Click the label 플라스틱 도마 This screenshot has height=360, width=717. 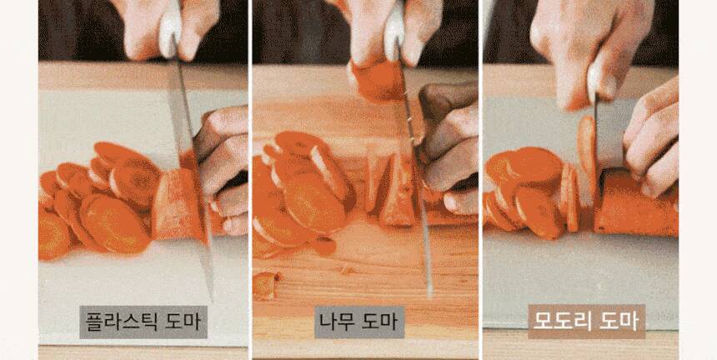143,322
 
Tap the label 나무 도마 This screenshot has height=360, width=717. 359,322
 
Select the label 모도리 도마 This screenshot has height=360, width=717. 587,322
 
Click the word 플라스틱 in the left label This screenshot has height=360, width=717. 121,322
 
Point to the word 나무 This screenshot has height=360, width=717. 336,322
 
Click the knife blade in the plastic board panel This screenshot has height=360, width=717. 192,178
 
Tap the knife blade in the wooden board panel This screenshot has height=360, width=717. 415,173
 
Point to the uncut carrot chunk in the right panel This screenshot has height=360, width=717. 635,203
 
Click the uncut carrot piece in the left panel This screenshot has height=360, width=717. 178,205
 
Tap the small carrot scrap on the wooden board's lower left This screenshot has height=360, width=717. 266,286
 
